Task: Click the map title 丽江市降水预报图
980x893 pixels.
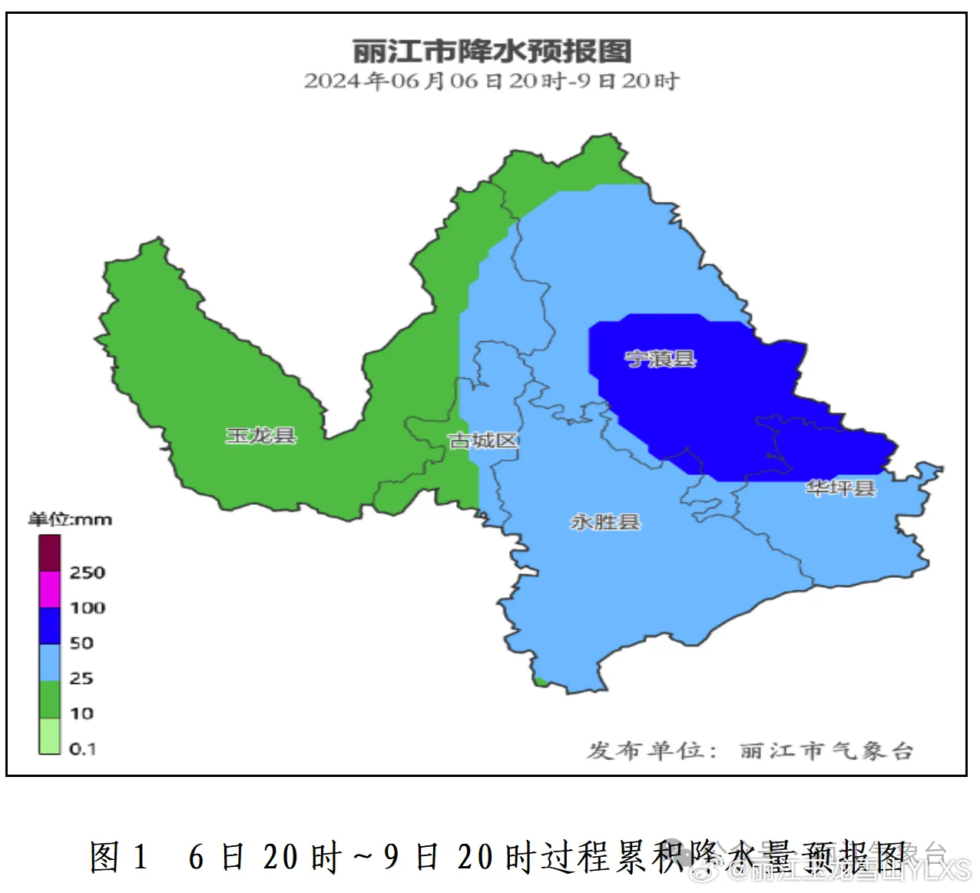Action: pos(492,51)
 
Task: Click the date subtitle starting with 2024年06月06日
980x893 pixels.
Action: pos(492,81)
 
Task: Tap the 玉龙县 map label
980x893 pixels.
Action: pos(260,436)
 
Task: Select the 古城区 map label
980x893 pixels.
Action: pos(483,440)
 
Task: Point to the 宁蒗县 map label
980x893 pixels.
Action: pos(660,359)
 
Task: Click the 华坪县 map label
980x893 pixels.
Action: pos(840,488)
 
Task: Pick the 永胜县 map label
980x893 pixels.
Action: pos(604,523)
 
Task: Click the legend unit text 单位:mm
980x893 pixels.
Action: pos(70,520)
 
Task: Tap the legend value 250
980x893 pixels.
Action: pos(87,573)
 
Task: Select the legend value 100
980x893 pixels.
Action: pos(87,608)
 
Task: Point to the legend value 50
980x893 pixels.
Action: pos(81,643)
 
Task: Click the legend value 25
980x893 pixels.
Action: pos(81,679)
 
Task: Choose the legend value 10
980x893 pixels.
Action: pos(81,714)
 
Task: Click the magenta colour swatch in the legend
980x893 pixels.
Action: pos(50,589)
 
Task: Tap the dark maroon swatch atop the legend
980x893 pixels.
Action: pos(50,553)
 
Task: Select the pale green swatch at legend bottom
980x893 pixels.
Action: pos(50,736)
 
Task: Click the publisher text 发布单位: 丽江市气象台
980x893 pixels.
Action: pos(750,751)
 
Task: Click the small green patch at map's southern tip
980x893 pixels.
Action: pos(541,681)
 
